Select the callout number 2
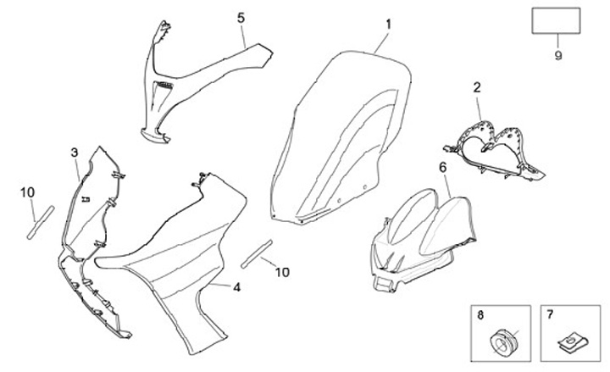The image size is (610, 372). pos(476,87)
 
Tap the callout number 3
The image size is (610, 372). pos(75,153)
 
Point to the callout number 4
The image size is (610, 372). pos(236,287)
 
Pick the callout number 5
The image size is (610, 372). pos(241,18)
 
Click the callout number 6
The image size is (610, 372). pos(442,168)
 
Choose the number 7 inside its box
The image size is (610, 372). pos(549,315)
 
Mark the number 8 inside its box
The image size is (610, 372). pos(481,315)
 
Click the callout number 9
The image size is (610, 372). pos(557,57)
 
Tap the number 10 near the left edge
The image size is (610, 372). pos(27,193)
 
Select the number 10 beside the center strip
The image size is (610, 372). pos(282,272)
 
